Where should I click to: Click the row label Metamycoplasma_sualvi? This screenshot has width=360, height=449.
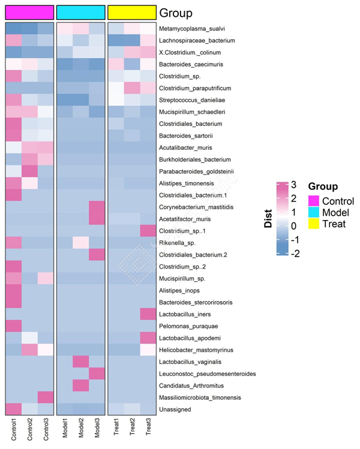point(193,29)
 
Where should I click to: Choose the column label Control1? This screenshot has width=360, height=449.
point(13,430)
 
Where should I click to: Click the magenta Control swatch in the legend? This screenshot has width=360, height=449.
point(314,201)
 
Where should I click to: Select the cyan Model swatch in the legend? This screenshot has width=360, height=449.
point(314,213)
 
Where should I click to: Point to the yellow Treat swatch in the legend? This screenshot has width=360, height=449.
point(314,225)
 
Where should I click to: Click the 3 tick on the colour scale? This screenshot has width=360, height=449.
point(293,184)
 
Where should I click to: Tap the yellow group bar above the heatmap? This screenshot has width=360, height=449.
point(131,12)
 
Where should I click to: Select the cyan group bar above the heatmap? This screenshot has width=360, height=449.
point(80,12)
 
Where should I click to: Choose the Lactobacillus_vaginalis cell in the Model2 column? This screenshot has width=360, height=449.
point(80,361)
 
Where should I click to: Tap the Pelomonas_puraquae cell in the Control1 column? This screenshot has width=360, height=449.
point(13,326)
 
